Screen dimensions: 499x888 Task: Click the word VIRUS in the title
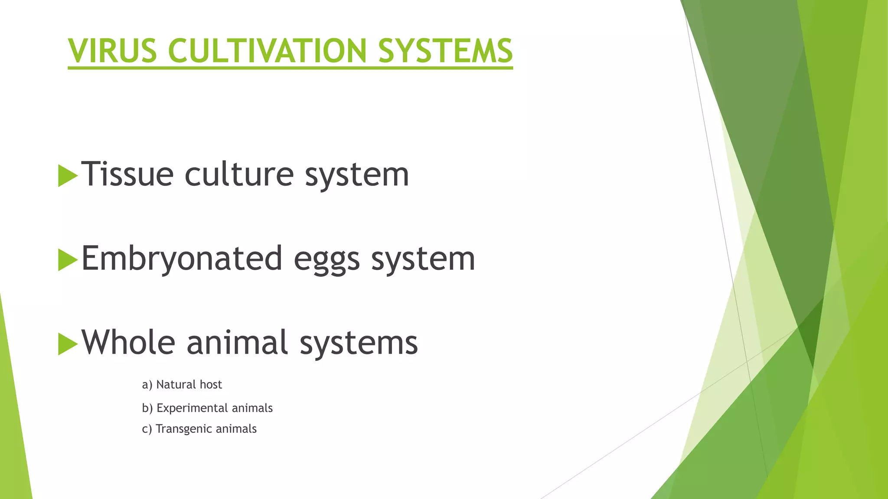coord(112,51)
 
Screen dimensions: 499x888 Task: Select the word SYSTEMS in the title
coord(445,51)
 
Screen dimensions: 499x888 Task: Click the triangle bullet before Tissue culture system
coord(67,176)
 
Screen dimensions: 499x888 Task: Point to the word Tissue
coord(127,174)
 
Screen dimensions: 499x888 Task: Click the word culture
coord(239,174)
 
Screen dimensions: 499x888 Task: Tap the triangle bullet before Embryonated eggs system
coord(67,260)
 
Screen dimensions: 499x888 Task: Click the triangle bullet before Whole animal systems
coord(67,344)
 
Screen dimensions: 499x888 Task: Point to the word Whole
coord(128,342)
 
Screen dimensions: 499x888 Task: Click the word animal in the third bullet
coord(237,342)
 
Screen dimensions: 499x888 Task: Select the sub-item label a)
coord(147,385)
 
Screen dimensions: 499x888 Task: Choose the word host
coord(211,385)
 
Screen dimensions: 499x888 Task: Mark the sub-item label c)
coord(147,429)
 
